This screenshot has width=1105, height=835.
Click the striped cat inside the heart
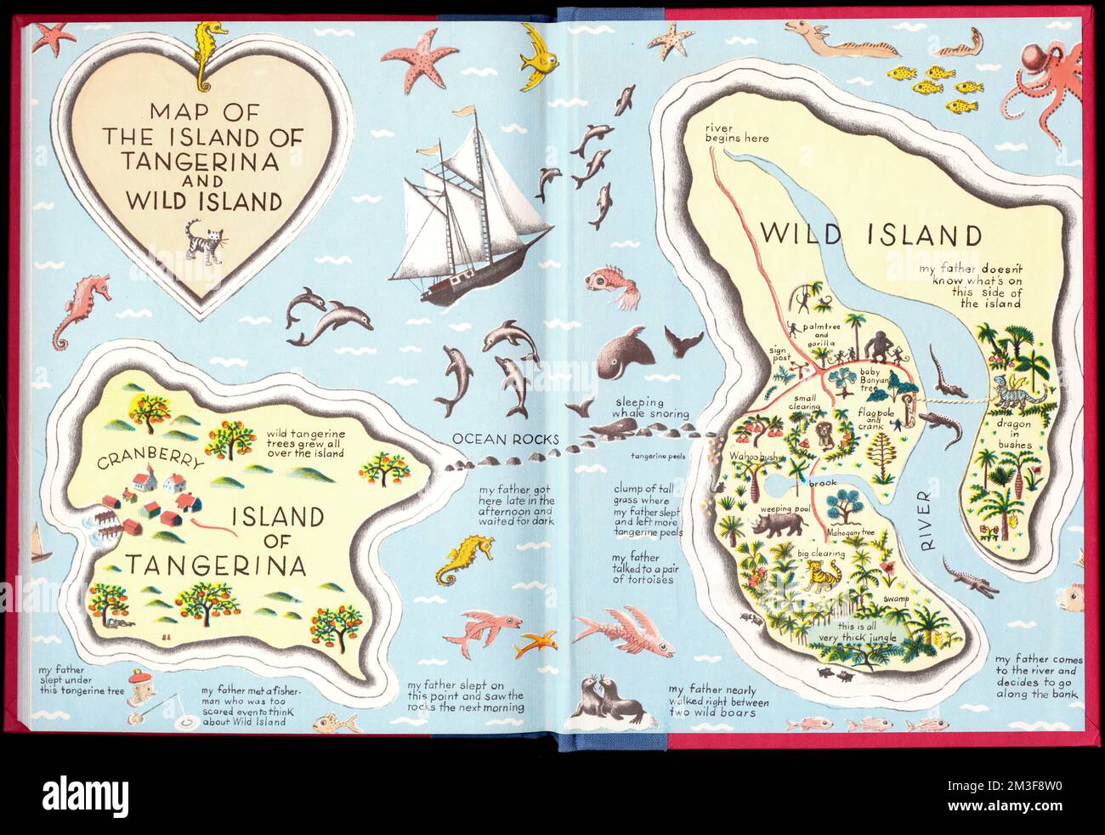pos(201,238)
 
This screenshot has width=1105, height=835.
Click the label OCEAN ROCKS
pos(506,439)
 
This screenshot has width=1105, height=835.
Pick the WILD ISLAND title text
pos(871,235)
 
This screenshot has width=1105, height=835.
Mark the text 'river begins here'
pos(735,133)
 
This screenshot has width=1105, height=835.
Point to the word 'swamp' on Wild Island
pos(895,600)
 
